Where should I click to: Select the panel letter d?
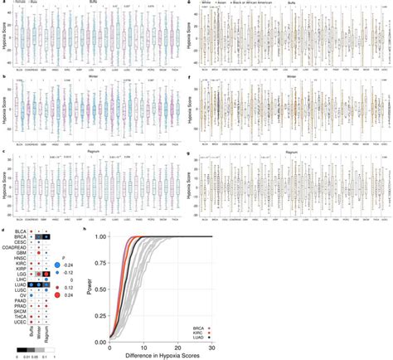pos(4,229)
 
